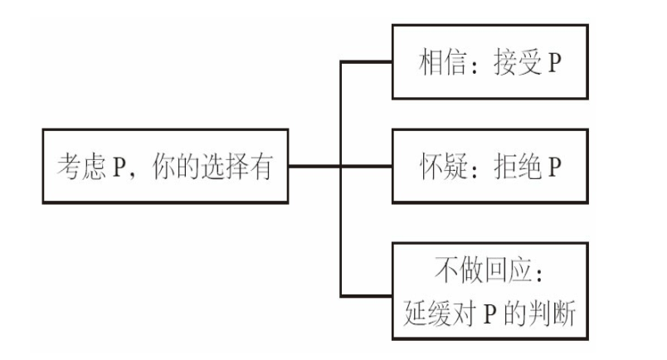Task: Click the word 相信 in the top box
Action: (x=442, y=62)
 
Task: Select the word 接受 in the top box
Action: (x=518, y=62)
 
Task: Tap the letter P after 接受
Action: (x=555, y=62)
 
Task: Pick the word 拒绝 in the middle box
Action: (x=518, y=167)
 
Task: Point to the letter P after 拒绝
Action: (x=555, y=167)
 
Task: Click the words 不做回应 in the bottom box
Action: (x=483, y=270)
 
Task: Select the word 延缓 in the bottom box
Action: (x=427, y=313)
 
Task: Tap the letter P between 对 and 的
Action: (x=490, y=314)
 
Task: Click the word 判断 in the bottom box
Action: (x=552, y=313)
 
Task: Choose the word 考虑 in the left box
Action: (x=81, y=166)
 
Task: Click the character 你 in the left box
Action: (x=163, y=166)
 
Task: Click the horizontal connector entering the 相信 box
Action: (x=366, y=62)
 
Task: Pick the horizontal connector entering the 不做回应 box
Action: (x=366, y=295)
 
